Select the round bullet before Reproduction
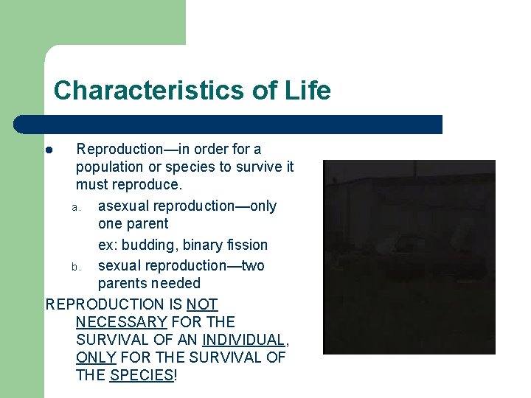48,150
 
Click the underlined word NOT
202,304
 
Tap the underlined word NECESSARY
121,322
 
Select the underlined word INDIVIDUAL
243,340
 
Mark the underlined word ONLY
96,357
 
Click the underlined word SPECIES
142,375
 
